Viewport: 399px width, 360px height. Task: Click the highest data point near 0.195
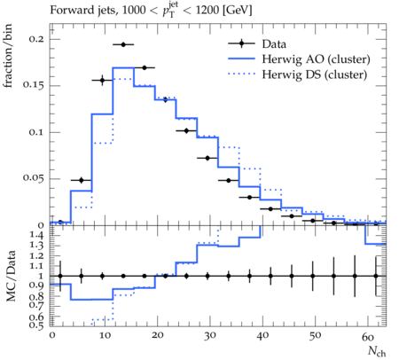pos(123,44)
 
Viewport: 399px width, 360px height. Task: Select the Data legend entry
pos(257,43)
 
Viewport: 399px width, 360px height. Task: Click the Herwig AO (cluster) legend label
pos(316,59)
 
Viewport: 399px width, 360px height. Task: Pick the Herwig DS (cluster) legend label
pos(315,74)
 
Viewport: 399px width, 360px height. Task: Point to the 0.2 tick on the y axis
pos(36,39)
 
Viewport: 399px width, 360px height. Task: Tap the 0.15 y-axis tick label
pos(34,85)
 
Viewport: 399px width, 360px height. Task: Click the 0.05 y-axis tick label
pos(34,178)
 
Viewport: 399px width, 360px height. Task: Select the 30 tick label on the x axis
pos(209,336)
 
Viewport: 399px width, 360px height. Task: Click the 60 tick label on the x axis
pos(368,336)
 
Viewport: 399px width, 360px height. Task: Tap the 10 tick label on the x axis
pos(105,336)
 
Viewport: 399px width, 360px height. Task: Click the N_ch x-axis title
pos(377,351)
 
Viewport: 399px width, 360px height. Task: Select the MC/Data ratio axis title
pos(11,276)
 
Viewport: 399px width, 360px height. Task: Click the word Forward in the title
pos(68,11)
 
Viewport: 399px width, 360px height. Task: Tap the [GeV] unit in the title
pos(237,11)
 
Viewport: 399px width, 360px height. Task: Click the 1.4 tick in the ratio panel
pos(37,236)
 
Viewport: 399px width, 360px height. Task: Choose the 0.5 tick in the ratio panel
pos(36,325)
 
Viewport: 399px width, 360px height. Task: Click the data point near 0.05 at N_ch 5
pos(82,180)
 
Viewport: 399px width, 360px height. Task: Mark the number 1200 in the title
pos(207,11)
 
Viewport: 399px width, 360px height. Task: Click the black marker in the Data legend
pos(241,43)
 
